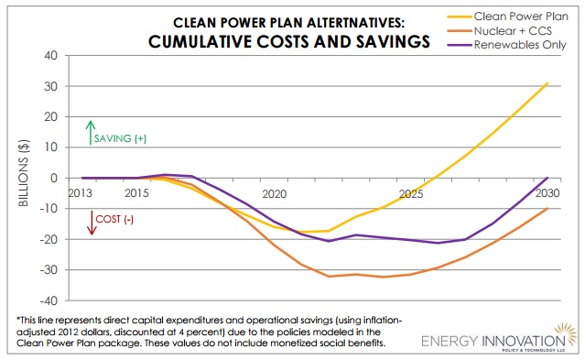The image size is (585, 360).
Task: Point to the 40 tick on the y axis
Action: pyautogui.click(x=51, y=55)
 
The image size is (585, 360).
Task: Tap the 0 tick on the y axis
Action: pyautogui.click(x=55, y=178)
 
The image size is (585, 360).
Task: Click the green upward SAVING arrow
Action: pyautogui.click(x=91, y=133)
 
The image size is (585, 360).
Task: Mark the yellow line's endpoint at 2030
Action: pyautogui.click(x=547, y=83)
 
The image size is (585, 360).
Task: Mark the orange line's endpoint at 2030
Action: pyautogui.click(x=547, y=208)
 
